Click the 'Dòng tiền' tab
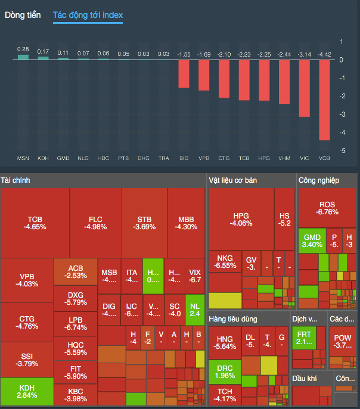tap(23, 15)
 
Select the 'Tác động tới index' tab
tap(88, 15)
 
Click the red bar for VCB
tap(324, 100)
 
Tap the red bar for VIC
tap(304, 88)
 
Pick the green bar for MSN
tap(23, 58)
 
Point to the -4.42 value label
tap(324, 55)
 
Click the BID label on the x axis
tap(184, 159)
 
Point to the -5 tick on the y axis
tap(341, 151)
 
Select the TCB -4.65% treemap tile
tap(35, 223)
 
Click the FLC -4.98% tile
tap(95, 223)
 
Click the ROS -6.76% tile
tap(327, 208)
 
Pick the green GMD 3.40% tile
tap(312, 241)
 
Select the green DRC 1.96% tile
tap(225, 371)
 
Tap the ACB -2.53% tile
tap(76, 271)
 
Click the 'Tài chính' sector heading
tap(15, 180)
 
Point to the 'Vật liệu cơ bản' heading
tap(232, 180)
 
